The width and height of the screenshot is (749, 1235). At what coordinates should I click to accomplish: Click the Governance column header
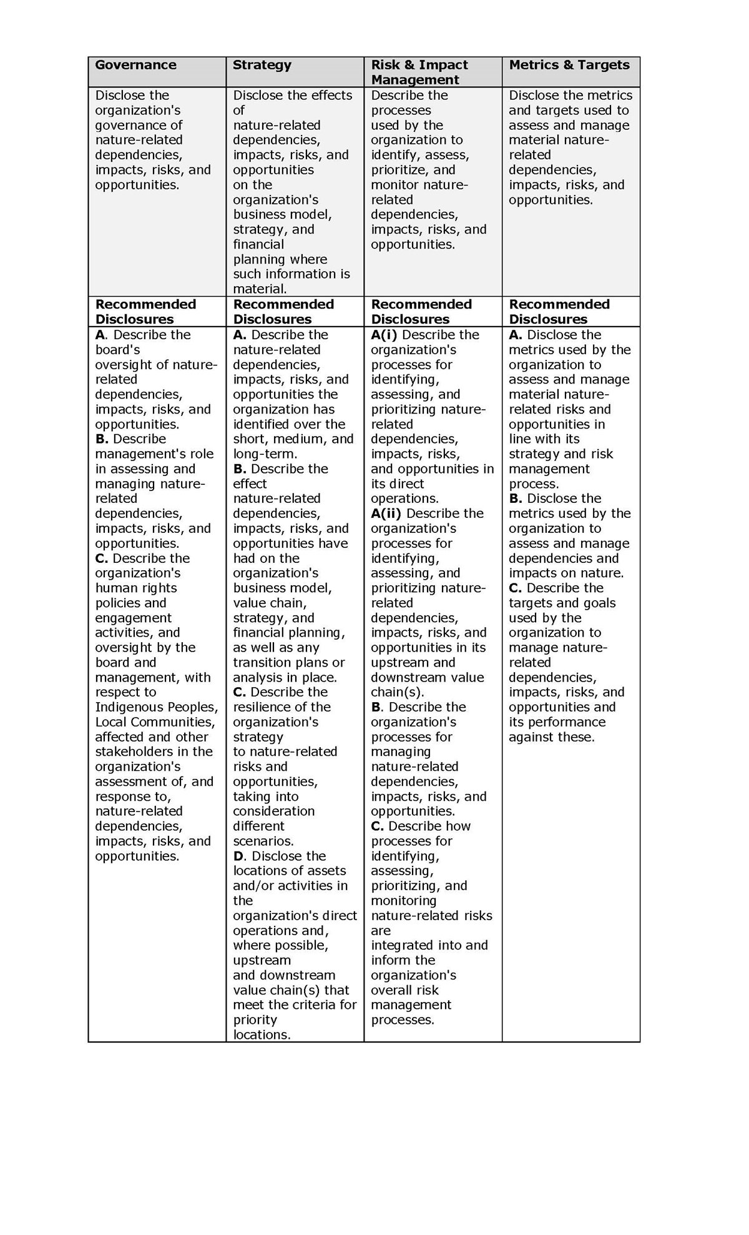coord(135,65)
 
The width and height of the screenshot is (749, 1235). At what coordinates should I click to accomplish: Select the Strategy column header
coord(262,65)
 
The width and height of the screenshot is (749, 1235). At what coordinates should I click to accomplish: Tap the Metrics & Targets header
coord(569,65)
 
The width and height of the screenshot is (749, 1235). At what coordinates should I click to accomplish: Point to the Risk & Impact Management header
coord(419,72)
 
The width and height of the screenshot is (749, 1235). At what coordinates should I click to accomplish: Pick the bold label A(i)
coord(384,335)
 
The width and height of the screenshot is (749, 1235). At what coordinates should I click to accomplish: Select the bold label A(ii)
coord(386,513)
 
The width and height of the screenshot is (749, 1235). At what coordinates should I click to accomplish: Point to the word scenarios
coord(263,841)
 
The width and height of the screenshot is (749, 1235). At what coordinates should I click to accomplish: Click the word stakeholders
coord(132,751)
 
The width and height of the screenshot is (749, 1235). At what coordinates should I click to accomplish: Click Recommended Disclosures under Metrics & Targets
coord(559,312)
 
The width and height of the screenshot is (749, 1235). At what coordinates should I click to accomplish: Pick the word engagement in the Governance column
coord(133,618)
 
